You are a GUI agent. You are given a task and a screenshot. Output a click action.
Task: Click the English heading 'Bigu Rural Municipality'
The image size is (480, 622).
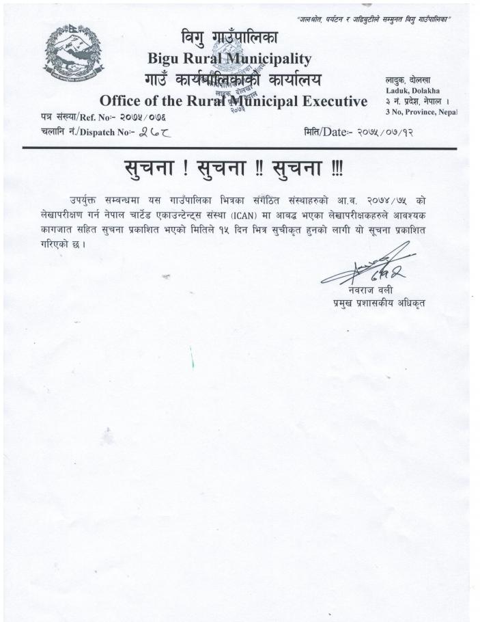click(x=229, y=59)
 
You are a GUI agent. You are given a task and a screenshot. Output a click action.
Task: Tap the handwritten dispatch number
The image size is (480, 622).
click(x=153, y=132)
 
